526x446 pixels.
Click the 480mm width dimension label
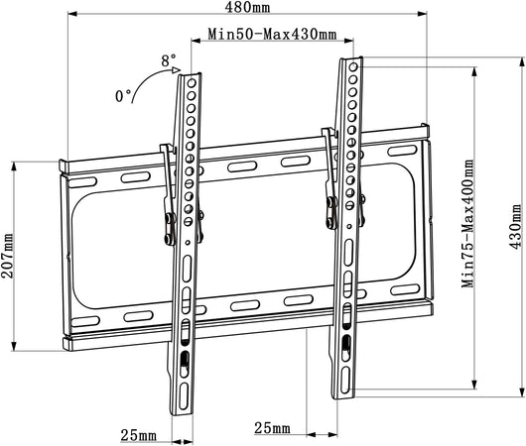click(247, 7)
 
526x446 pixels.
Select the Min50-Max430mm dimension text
click(272, 34)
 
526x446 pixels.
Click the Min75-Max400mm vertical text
click(467, 223)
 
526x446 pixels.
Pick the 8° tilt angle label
click(168, 60)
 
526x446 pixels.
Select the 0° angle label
click(123, 96)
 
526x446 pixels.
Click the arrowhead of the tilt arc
click(176, 70)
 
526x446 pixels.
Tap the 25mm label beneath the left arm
click(139, 435)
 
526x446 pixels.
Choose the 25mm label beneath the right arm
click(272, 428)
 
